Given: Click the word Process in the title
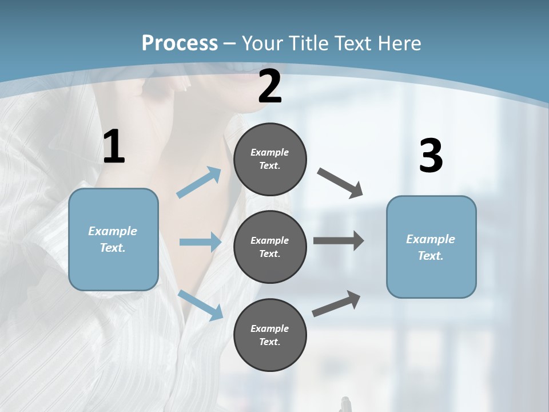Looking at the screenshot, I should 180,43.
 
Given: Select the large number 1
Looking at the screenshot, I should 114,147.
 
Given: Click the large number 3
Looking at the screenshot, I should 431,156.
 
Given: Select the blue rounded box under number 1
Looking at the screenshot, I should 113,239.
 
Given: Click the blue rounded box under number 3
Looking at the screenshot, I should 431,247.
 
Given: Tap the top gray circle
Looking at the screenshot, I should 270,159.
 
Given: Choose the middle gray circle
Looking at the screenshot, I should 270,247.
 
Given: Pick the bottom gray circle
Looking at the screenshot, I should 270,335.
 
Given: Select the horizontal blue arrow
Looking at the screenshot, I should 200,242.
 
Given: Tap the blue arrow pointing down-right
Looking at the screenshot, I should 200,305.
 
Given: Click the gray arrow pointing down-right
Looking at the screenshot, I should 340,183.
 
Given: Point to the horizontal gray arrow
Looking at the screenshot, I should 339,241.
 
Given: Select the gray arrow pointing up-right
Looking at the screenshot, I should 336,304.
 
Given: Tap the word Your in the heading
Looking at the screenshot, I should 262,43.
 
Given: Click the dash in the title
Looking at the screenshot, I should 229,43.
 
